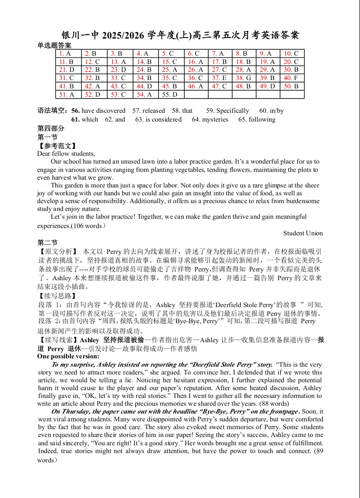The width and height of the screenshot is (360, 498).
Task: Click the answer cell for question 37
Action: point(219,78)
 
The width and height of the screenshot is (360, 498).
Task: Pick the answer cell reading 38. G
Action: point(243,78)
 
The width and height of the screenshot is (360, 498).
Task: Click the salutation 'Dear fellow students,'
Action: point(66,153)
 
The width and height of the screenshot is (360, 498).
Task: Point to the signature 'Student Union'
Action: point(303,233)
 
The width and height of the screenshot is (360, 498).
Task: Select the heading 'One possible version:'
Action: point(68,356)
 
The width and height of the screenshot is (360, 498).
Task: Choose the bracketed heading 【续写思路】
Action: point(57,296)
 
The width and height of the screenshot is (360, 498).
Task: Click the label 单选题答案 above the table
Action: point(54,45)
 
